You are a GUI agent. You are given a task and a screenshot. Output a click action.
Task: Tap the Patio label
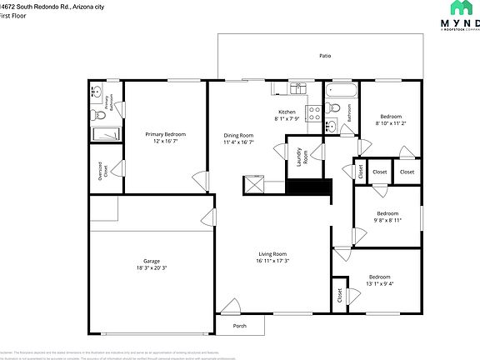point(325,56)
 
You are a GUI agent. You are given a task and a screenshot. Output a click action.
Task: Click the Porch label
point(239,325)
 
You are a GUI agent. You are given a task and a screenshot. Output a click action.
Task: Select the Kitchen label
point(287,112)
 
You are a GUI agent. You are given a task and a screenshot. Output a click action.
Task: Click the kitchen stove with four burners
point(315,113)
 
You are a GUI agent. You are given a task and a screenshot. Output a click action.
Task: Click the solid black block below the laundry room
point(309,186)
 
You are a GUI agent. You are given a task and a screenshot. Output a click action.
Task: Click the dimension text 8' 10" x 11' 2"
point(391,123)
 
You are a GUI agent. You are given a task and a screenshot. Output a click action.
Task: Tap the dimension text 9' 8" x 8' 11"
point(387,220)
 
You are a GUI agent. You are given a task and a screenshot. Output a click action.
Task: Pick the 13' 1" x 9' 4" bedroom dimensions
point(380,283)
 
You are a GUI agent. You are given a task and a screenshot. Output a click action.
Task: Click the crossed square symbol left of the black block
point(254,185)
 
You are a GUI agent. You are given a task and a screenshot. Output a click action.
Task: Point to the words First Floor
point(13,15)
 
